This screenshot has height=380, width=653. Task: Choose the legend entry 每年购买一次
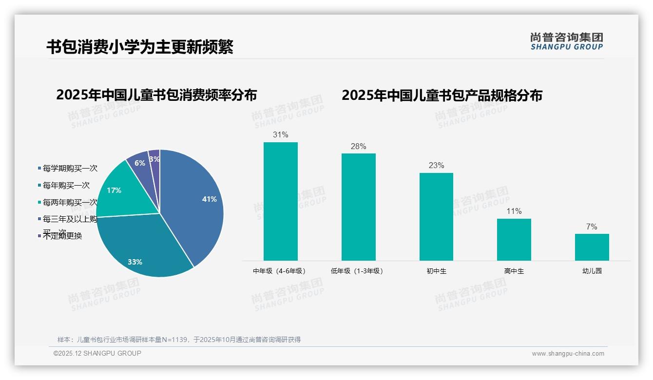point(66,186)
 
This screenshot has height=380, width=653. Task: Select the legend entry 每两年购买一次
point(70,203)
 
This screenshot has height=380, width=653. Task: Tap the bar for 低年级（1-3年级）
point(358,207)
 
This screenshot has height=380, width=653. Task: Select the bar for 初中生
point(436,217)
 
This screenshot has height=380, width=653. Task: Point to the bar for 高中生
point(514,240)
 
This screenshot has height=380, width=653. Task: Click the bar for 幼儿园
point(592,247)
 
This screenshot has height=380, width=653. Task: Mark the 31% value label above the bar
point(280,135)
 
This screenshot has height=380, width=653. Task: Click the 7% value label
point(592,227)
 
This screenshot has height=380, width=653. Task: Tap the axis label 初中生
point(436,271)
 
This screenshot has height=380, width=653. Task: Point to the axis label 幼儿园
point(592,271)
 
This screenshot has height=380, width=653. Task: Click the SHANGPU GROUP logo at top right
point(566,41)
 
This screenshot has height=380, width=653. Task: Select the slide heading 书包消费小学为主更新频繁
point(140,47)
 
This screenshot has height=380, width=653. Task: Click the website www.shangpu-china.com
point(568,354)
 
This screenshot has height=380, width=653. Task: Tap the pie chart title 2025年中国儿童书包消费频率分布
point(156,95)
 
